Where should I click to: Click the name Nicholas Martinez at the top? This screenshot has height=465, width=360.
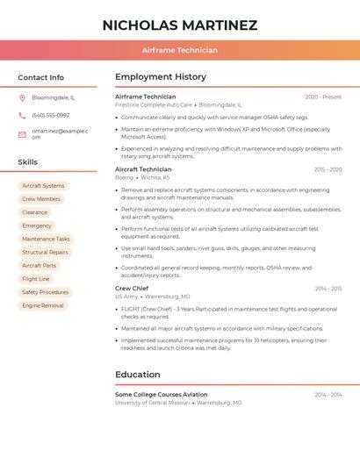click(x=180, y=25)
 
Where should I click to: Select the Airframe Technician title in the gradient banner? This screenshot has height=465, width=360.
click(x=180, y=51)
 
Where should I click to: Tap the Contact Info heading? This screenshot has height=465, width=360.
click(x=41, y=77)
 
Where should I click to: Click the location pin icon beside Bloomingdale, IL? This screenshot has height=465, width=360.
click(x=22, y=97)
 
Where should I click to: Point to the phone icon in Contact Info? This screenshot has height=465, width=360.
click(x=22, y=115)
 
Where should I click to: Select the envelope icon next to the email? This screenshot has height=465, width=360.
click(x=22, y=133)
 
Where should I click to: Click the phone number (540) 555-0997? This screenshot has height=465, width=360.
click(x=51, y=115)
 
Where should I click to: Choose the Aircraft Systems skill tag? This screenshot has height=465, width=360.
click(x=43, y=186)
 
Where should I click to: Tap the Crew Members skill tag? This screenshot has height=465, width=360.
click(x=41, y=199)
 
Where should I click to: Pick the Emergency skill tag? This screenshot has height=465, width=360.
click(x=37, y=225)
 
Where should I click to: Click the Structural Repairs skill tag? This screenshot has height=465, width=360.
click(x=46, y=252)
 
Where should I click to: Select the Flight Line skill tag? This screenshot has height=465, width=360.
click(x=36, y=279)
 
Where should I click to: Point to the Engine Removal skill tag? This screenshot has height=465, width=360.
click(x=43, y=305)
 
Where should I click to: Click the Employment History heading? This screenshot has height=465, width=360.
click(x=161, y=77)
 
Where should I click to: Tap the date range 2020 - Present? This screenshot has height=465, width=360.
click(x=323, y=97)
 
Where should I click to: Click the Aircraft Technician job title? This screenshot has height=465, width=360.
click(x=143, y=169)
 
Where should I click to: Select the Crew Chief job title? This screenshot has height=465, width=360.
click(x=132, y=289)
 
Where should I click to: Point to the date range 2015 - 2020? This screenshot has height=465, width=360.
click(x=328, y=169)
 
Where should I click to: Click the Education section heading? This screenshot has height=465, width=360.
click(x=138, y=375)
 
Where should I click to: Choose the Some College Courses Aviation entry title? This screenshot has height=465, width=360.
click(x=162, y=395)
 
